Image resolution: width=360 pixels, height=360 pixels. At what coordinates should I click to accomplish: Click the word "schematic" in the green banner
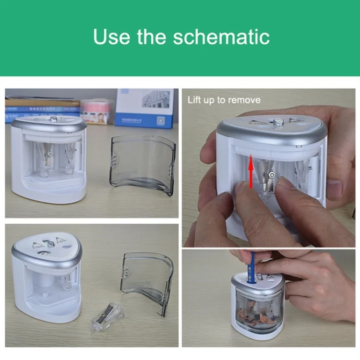click(221, 37)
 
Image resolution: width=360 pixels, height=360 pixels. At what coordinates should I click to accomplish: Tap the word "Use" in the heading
click(111, 37)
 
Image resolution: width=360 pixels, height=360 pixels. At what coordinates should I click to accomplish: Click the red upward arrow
click(251, 171)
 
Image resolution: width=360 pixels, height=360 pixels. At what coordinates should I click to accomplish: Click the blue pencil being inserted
click(252, 267)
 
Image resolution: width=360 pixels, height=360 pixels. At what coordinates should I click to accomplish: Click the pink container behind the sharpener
click(97, 112)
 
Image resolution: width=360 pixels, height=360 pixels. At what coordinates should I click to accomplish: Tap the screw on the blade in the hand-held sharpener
click(272, 176)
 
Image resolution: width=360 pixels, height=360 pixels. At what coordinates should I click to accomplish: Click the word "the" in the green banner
click(152, 37)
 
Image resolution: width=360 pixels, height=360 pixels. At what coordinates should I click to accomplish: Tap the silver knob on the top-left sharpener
click(53, 119)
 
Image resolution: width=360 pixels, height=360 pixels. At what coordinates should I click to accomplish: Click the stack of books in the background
click(42, 108)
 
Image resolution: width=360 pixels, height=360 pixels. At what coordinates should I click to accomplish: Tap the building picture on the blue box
click(156, 99)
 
